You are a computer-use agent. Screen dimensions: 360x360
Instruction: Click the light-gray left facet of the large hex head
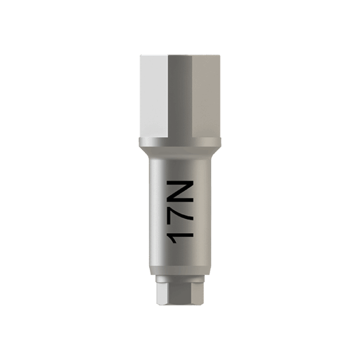[x=154, y=96]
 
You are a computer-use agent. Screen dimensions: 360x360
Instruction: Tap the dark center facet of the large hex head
[x=180, y=96]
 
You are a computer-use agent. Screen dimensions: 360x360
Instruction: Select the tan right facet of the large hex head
[x=206, y=96]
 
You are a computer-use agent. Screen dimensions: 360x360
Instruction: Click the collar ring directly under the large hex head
[x=180, y=142]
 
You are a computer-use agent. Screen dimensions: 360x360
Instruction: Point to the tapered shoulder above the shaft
[x=180, y=152]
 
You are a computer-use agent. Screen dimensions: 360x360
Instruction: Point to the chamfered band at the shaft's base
[x=180, y=271]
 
